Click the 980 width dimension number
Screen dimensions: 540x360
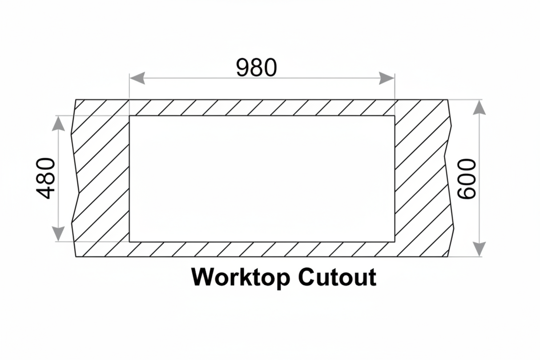257,68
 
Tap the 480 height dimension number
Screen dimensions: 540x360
45,178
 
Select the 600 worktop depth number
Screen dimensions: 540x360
467,179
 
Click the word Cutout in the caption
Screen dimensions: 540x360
338,277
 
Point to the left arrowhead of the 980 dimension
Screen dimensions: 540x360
137,78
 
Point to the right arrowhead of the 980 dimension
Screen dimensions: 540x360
387,78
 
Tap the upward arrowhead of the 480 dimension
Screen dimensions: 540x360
58,123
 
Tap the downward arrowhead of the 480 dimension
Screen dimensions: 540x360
58,234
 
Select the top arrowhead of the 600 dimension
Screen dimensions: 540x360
479,108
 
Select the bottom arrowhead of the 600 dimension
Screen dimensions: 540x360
479,249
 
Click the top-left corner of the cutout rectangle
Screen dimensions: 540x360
129,116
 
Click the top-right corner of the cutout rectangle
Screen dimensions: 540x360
395,116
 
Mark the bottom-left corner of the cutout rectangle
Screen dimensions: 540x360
129,242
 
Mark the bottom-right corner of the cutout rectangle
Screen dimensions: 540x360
395,242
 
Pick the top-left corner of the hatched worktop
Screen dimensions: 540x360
76,100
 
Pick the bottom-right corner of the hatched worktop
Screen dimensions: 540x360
448,257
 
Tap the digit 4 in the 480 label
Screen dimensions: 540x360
45,192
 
